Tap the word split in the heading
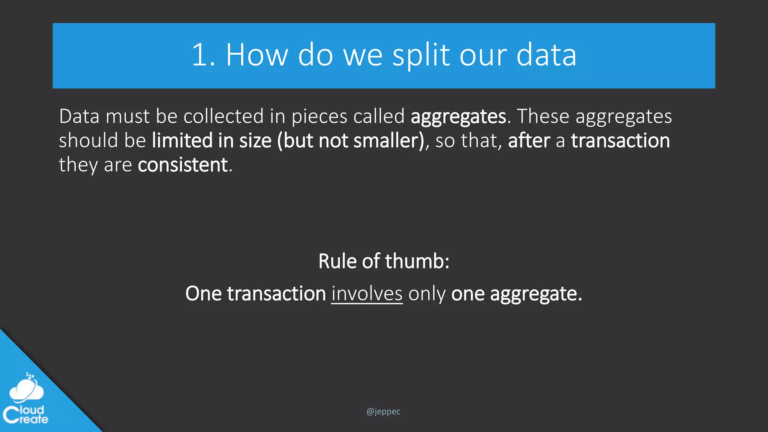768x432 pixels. point(421,55)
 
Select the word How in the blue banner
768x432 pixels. point(257,55)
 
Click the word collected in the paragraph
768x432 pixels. point(223,116)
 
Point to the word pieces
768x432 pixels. point(319,116)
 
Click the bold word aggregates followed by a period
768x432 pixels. point(458,116)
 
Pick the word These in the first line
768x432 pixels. point(543,116)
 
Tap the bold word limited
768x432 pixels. point(182,141)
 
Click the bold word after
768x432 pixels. point(529,141)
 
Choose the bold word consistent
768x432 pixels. point(183,165)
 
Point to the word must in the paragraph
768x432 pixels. point(127,116)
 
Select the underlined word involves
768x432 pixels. point(367,294)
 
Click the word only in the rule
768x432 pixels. point(427,294)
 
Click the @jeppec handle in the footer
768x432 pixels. point(383,411)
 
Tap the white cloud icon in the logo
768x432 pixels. point(26,390)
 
